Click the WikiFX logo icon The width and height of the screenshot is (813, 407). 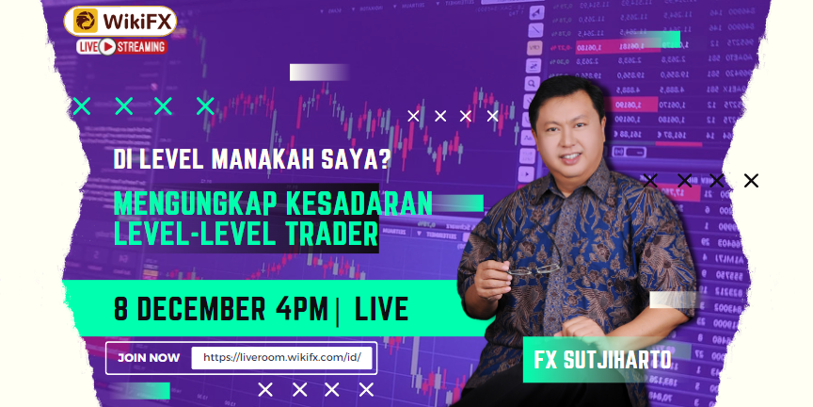point(83,21)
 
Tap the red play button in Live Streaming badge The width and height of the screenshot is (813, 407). point(106,46)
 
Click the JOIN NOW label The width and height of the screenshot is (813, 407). point(149,358)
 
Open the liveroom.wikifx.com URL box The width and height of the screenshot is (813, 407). point(281,358)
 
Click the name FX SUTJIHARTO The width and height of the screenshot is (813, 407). point(602,360)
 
